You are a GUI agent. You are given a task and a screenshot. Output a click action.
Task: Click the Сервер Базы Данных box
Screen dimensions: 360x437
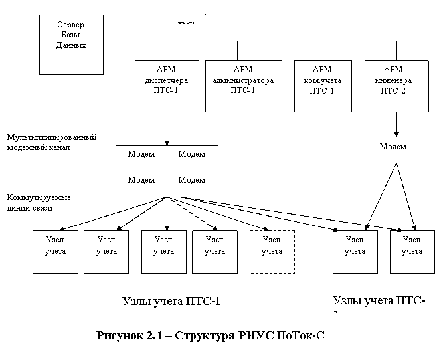pos(71,44)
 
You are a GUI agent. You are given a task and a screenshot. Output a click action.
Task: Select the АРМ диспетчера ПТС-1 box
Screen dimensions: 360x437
pos(167,86)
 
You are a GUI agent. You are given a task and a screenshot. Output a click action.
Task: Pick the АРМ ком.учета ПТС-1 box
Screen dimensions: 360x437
pos(321,86)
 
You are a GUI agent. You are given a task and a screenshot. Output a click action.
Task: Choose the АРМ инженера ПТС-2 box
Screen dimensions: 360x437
pos(393,86)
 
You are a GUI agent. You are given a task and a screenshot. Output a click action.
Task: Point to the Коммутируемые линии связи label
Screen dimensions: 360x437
pos(43,205)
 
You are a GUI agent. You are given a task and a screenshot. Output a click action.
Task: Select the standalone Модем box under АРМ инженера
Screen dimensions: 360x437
pos(393,149)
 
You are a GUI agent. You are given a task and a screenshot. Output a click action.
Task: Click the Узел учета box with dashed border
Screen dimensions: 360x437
pos(271,252)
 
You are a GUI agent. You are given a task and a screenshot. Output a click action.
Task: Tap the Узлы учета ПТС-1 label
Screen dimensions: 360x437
pos(182,306)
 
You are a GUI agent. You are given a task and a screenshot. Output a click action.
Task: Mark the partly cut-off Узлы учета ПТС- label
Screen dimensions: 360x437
pos(380,303)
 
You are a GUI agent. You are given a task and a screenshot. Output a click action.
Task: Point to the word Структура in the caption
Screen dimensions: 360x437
pos(203,333)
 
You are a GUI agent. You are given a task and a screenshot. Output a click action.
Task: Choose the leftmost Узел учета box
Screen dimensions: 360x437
pos(55,252)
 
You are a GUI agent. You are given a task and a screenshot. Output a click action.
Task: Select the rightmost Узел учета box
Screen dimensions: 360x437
pos(412,252)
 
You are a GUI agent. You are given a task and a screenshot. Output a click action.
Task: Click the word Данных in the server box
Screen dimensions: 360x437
pos(70,45)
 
